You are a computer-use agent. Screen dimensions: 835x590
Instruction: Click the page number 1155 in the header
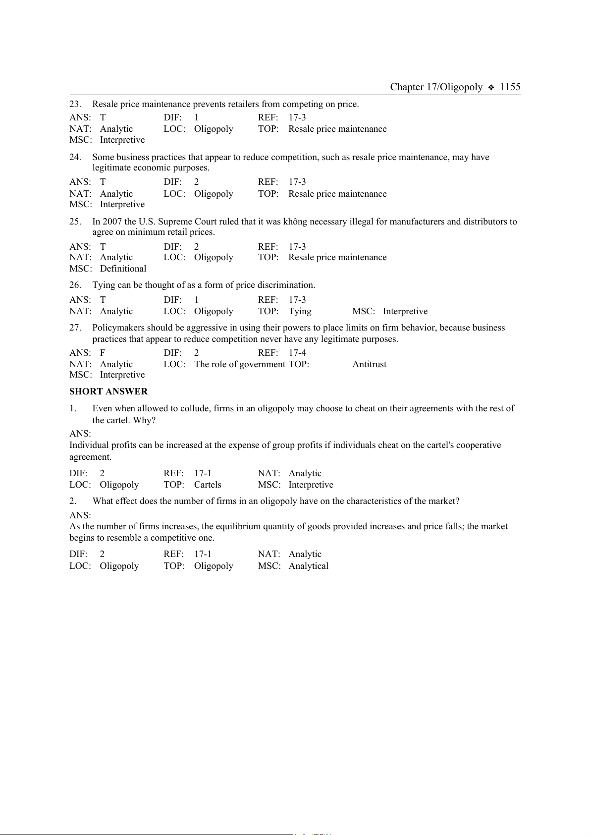[x=510, y=87]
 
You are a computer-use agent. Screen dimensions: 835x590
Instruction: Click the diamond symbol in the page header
[x=491, y=88]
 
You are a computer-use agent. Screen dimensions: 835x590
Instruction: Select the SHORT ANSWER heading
[x=108, y=391]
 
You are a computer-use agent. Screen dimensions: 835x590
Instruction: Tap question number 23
[x=75, y=104]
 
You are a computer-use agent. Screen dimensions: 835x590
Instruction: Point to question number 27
[x=75, y=328]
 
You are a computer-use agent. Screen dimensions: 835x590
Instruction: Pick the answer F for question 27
[x=103, y=353]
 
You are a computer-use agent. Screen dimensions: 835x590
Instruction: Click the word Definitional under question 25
[x=123, y=269]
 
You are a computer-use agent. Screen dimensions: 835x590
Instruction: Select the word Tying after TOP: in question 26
[x=300, y=311]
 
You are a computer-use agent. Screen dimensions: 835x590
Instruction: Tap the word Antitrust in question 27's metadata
[x=369, y=364]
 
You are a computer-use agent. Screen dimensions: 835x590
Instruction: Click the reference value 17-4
[x=297, y=353]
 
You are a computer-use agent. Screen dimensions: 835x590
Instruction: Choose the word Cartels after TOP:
[x=208, y=485]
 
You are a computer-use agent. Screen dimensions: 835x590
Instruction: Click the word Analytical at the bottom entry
[x=308, y=566]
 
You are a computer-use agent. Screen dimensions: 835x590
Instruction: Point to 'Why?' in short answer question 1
[x=144, y=420]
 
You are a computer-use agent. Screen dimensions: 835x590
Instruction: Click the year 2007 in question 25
[x=112, y=222]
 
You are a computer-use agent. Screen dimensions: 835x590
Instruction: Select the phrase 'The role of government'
[x=240, y=364]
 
